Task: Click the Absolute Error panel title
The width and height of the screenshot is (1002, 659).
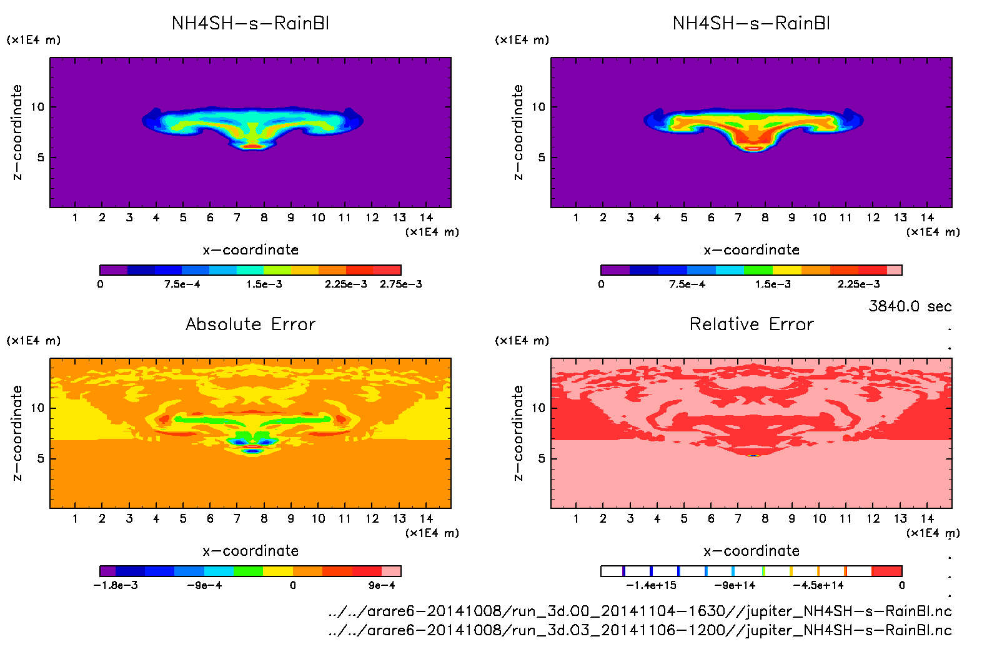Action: pos(250,324)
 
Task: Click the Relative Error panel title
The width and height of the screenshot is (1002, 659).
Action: pos(751,324)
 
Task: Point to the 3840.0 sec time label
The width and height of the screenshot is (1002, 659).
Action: pos(910,306)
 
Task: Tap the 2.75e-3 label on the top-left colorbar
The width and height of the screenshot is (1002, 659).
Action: pos(400,284)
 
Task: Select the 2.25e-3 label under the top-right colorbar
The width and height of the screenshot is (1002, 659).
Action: pos(858,284)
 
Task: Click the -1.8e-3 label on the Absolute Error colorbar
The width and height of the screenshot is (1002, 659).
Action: pos(116,585)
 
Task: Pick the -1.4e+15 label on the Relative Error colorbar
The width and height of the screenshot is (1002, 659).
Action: pos(651,585)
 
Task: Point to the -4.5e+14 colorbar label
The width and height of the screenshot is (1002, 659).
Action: pos(818,585)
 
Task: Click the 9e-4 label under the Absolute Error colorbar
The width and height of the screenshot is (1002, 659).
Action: pos(382,585)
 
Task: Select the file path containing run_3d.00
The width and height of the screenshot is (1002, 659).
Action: pos(640,611)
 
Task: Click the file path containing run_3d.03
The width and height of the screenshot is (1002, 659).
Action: pos(640,630)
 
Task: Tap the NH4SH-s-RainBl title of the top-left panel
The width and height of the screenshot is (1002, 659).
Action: pos(250,24)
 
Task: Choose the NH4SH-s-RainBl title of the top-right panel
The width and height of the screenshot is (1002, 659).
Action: pos(751,24)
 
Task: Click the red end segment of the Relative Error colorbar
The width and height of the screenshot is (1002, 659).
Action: pos(886,571)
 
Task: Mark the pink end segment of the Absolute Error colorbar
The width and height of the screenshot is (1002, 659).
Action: pos(391,571)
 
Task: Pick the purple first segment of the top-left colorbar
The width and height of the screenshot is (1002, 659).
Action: pos(114,270)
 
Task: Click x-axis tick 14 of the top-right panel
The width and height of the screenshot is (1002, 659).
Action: pos(927,218)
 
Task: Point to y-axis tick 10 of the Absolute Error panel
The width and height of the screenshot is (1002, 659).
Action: pos(37,408)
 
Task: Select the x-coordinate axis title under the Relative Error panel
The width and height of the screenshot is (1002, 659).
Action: pos(751,551)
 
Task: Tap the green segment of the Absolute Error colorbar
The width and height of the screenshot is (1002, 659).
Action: pos(248,571)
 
